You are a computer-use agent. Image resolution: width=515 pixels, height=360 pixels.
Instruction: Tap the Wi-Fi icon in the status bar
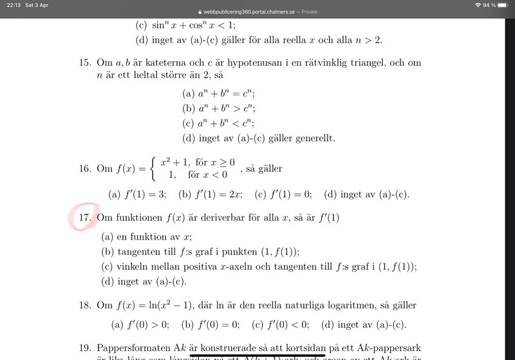pyautogui.click(x=478, y=5)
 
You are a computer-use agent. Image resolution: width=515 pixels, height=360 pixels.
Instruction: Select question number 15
pyautogui.click(x=86, y=62)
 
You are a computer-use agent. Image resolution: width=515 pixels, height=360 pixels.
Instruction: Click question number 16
pyautogui.click(x=86, y=169)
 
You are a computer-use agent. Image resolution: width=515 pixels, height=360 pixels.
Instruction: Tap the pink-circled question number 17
pyautogui.click(x=85, y=218)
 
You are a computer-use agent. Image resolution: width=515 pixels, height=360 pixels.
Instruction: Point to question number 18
pyautogui.click(x=86, y=305)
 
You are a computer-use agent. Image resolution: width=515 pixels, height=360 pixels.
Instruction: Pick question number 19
pyautogui.click(x=86, y=348)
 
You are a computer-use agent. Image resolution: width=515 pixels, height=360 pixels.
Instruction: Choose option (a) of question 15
pyautogui.click(x=219, y=93)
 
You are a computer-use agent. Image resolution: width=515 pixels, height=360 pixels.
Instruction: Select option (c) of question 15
pyautogui.click(x=219, y=123)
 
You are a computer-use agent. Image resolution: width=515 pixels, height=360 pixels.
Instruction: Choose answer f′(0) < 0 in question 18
pyautogui.click(x=280, y=324)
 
